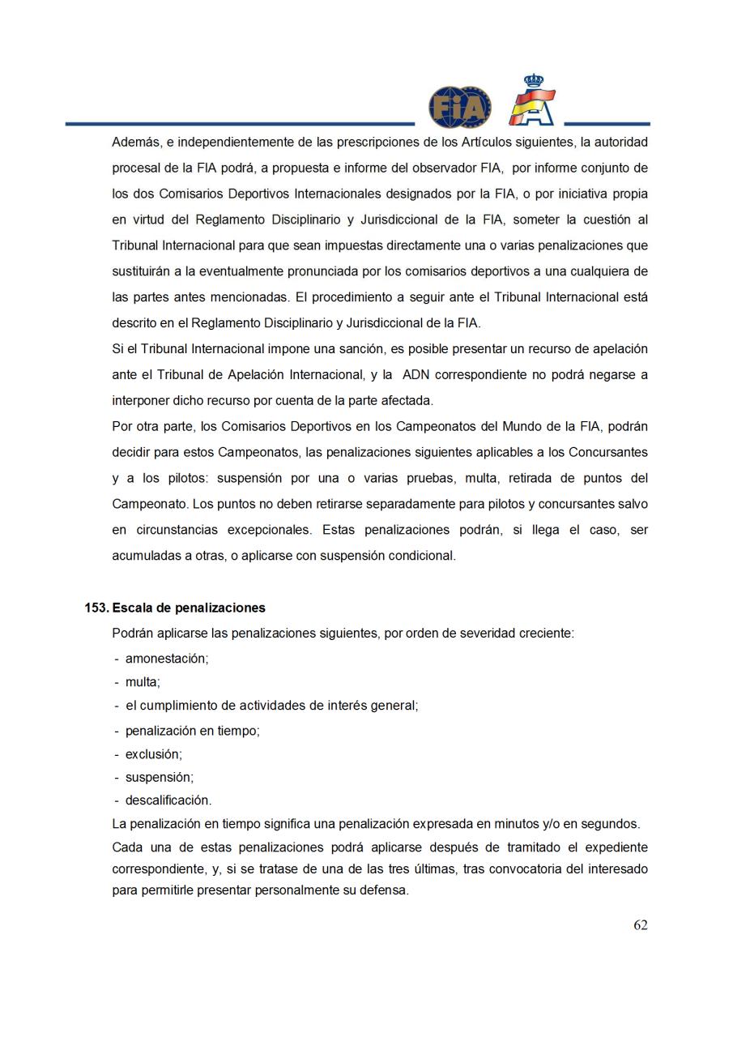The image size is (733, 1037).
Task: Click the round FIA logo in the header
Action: (x=459, y=108)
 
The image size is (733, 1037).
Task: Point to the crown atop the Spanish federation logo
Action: (x=534, y=80)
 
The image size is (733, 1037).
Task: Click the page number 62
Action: (x=640, y=925)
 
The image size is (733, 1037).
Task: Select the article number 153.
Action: (x=96, y=608)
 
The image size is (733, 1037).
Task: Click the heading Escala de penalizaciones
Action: (x=189, y=608)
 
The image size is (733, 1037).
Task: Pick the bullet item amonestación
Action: (x=166, y=659)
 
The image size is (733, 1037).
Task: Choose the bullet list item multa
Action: (x=143, y=682)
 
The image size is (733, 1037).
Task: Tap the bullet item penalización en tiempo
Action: (x=192, y=731)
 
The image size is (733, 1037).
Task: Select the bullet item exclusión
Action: (x=153, y=754)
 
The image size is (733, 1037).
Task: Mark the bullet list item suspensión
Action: (x=159, y=778)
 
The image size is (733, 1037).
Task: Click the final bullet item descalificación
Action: (x=168, y=800)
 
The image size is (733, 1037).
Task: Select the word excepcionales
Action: (x=271, y=530)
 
